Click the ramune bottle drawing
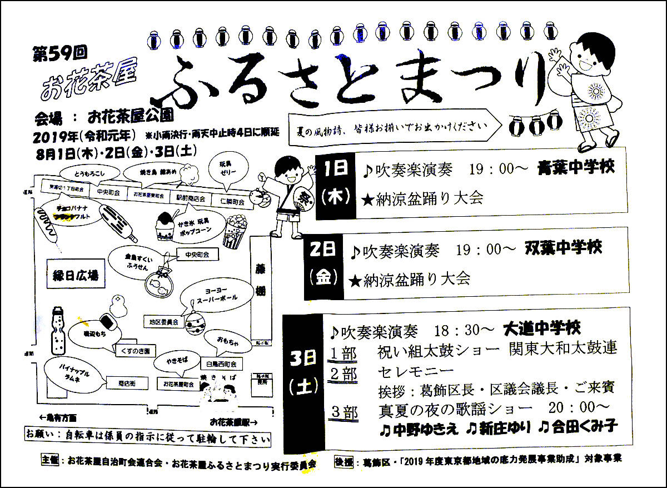(x=59, y=332)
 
